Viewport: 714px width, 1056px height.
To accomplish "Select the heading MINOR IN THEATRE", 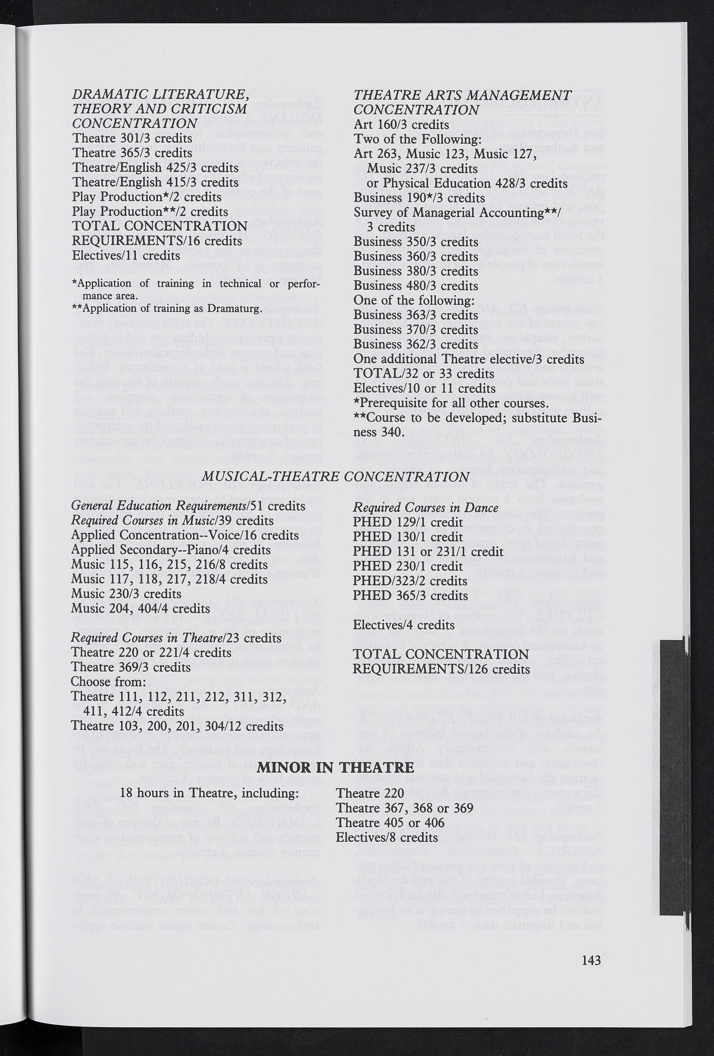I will (x=336, y=767).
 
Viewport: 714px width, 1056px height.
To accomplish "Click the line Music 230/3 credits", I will (x=126, y=594).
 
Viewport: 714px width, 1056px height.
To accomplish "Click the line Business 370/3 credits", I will (x=415, y=330).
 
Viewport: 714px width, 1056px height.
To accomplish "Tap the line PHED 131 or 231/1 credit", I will (x=428, y=551).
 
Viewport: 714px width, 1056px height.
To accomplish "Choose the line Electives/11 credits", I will (x=126, y=255).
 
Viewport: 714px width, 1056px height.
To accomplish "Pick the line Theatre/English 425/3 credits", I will (x=155, y=167).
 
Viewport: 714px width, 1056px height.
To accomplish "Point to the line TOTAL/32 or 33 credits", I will (x=424, y=373).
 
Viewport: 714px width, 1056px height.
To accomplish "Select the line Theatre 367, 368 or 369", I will (x=404, y=808).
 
